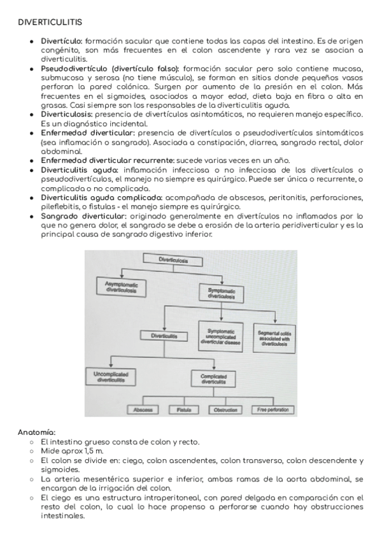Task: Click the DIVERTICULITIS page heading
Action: tap(50, 23)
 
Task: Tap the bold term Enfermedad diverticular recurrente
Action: tap(106, 160)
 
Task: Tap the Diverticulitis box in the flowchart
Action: tap(165, 335)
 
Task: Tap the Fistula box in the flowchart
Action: tap(184, 409)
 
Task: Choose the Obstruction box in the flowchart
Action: tap(226, 409)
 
